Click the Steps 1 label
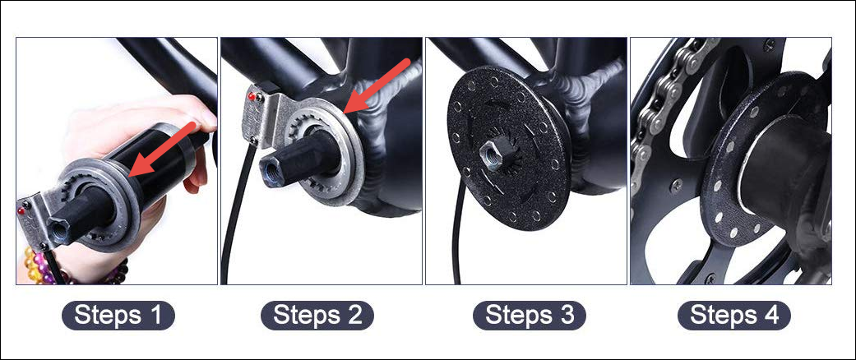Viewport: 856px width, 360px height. click(x=118, y=316)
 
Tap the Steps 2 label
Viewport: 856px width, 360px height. click(x=317, y=316)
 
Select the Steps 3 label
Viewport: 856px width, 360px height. click(x=529, y=316)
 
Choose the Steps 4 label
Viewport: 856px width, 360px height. click(x=734, y=316)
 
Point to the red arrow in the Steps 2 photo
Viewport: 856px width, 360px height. click(x=377, y=85)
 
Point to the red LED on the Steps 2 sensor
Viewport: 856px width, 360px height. click(x=251, y=97)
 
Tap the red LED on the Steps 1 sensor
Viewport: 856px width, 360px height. click(x=21, y=210)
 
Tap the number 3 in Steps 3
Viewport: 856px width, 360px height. click(x=567, y=316)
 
